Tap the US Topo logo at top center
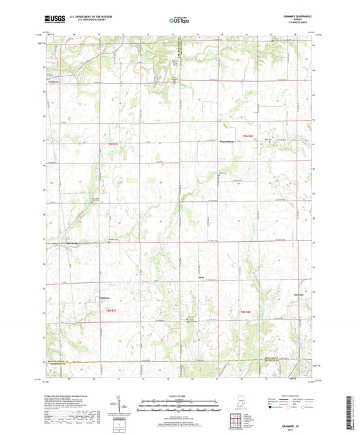click(x=179, y=22)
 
